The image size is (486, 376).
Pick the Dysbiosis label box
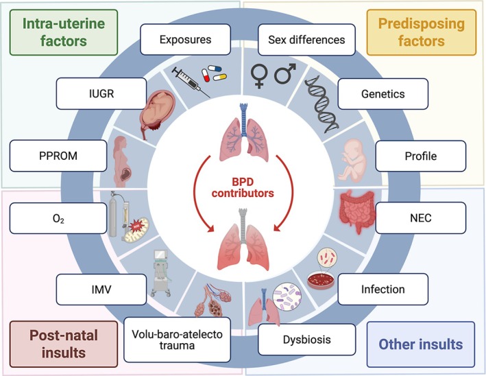pos(307,338)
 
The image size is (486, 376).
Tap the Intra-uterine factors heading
pos(60,30)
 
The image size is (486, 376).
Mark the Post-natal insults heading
pos(51,344)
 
